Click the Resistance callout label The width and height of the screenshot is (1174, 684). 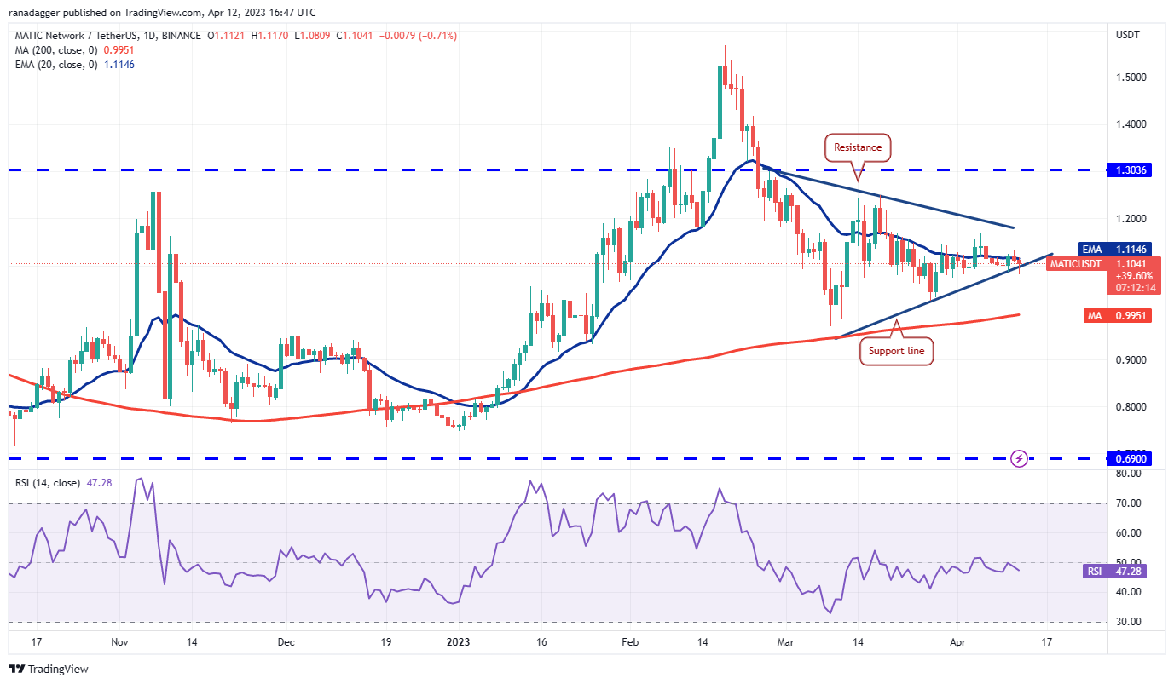click(858, 147)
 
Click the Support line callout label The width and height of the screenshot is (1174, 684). click(896, 350)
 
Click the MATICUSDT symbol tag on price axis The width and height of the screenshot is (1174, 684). click(1076, 263)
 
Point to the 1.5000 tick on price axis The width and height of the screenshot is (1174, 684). click(1131, 77)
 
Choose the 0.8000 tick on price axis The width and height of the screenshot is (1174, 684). click(1131, 406)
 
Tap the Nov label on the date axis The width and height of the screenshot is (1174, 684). click(119, 641)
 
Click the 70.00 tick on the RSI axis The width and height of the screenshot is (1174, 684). click(1130, 503)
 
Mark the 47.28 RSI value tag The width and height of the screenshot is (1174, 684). click(1130, 572)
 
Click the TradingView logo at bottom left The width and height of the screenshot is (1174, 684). click(49, 669)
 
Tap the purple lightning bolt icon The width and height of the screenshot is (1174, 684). click(1019, 458)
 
